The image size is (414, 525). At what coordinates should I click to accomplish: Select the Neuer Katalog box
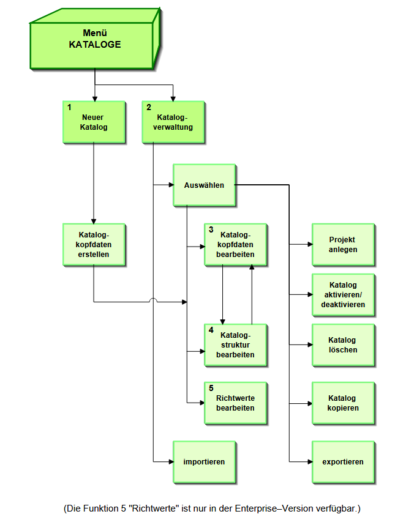[94, 122]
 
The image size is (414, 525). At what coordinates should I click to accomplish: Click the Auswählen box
[204, 185]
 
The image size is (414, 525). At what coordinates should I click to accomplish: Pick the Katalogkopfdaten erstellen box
[94, 244]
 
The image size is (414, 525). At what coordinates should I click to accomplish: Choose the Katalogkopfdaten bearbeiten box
[235, 244]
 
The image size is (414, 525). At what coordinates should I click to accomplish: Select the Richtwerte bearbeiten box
[235, 403]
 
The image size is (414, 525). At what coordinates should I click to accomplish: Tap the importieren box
[204, 462]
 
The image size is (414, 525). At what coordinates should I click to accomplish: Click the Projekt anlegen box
[342, 244]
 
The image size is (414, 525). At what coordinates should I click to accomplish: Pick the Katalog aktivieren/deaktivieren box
[342, 294]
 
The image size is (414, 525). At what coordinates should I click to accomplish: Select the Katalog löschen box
[342, 344]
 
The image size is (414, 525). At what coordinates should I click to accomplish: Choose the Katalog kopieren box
[342, 403]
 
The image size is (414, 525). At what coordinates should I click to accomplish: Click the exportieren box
[342, 462]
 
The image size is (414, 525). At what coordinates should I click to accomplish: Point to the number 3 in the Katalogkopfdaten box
[211, 230]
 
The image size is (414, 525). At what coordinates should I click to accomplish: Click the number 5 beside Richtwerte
[211, 388]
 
